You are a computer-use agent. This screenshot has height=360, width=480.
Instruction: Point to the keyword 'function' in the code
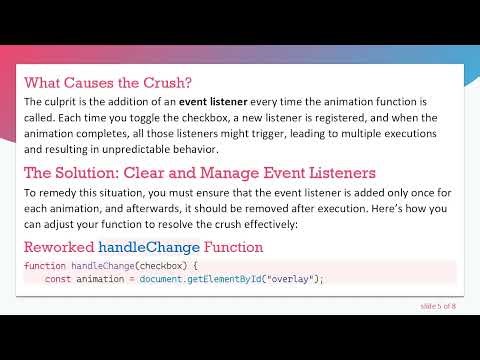pyautogui.click(x=44, y=266)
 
